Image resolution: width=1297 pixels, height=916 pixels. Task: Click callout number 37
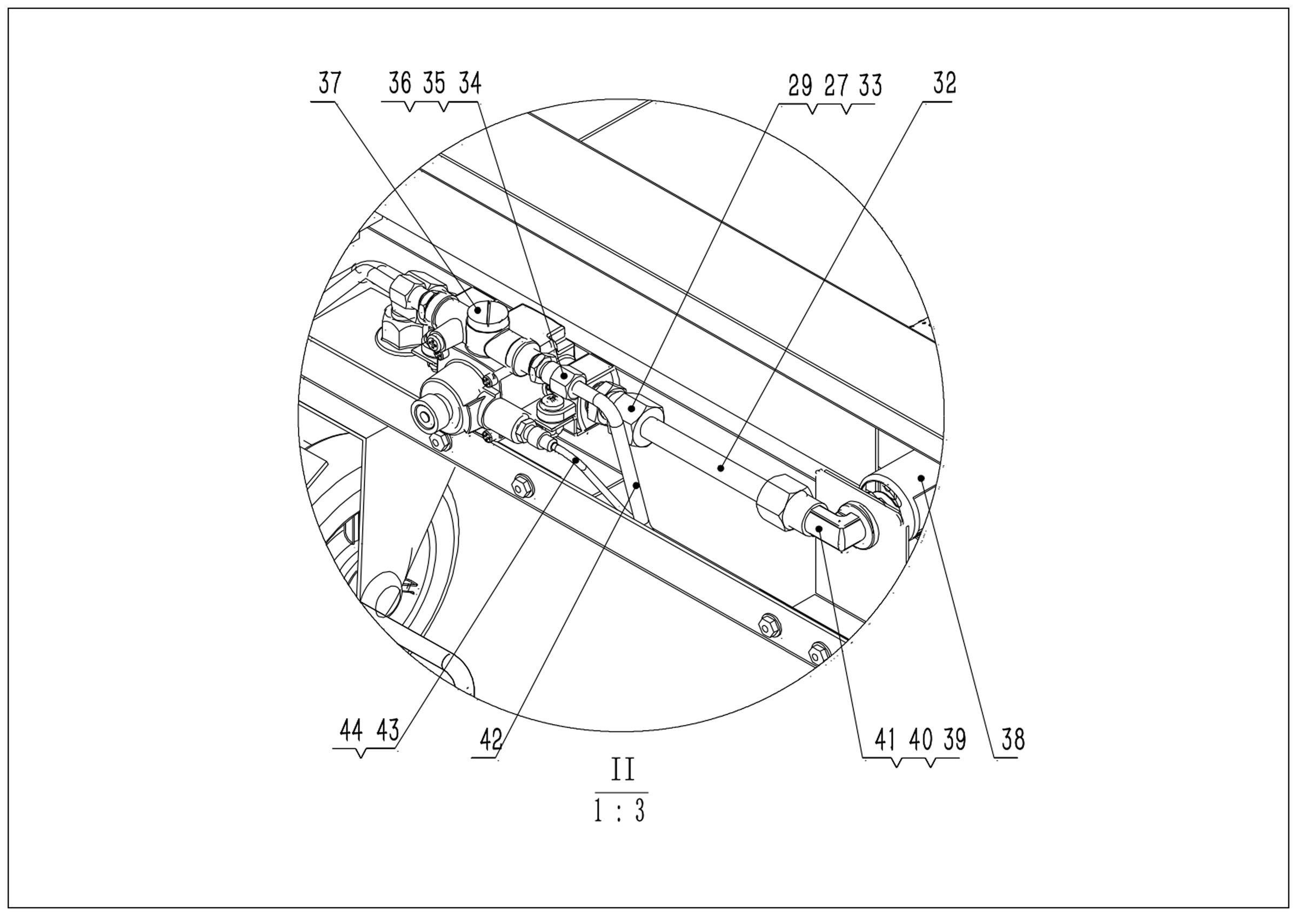[x=330, y=84]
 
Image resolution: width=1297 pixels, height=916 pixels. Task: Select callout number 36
[x=400, y=84]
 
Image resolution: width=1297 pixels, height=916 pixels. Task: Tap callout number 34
[x=470, y=84]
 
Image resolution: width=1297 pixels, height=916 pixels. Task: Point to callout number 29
[x=800, y=86]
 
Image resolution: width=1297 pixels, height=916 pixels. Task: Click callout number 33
[x=871, y=86]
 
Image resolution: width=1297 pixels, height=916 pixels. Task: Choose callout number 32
[x=945, y=84]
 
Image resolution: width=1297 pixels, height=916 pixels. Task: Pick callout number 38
[x=1013, y=739]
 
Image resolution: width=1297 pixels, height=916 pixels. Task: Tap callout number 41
[x=886, y=739]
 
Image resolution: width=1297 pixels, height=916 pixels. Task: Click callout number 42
[x=491, y=739]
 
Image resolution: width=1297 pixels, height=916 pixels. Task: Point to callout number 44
[x=351, y=731]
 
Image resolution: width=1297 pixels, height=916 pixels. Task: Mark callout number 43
[x=387, y=731]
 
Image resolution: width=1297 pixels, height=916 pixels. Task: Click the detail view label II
[x=621, y=770]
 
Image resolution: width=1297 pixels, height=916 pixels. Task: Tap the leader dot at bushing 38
[x=921, y=479]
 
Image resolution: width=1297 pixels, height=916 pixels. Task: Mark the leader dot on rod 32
[x=721, y=467]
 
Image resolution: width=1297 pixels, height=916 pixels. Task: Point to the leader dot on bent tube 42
[x=636, y=485]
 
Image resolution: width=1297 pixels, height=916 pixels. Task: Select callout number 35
[x=434, y=84]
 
